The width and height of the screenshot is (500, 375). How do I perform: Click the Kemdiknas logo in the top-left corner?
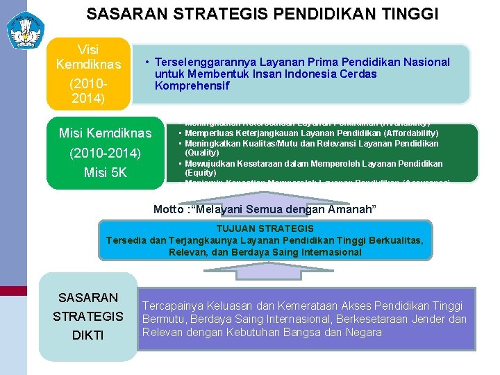pos(24,29)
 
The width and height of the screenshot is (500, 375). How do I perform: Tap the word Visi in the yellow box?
pos(88,50)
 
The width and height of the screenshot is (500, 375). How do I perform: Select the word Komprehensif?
pos(192,86)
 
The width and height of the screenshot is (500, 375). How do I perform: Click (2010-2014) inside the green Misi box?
pos(105,153)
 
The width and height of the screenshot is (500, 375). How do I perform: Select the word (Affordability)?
pos(411,133)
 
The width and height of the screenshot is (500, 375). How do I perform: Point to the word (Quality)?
pos(201,152)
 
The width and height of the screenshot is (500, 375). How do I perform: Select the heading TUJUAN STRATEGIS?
pos(265,228)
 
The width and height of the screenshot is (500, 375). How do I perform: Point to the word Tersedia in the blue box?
pos(127,240)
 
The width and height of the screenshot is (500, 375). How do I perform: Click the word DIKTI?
pos(88,335)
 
